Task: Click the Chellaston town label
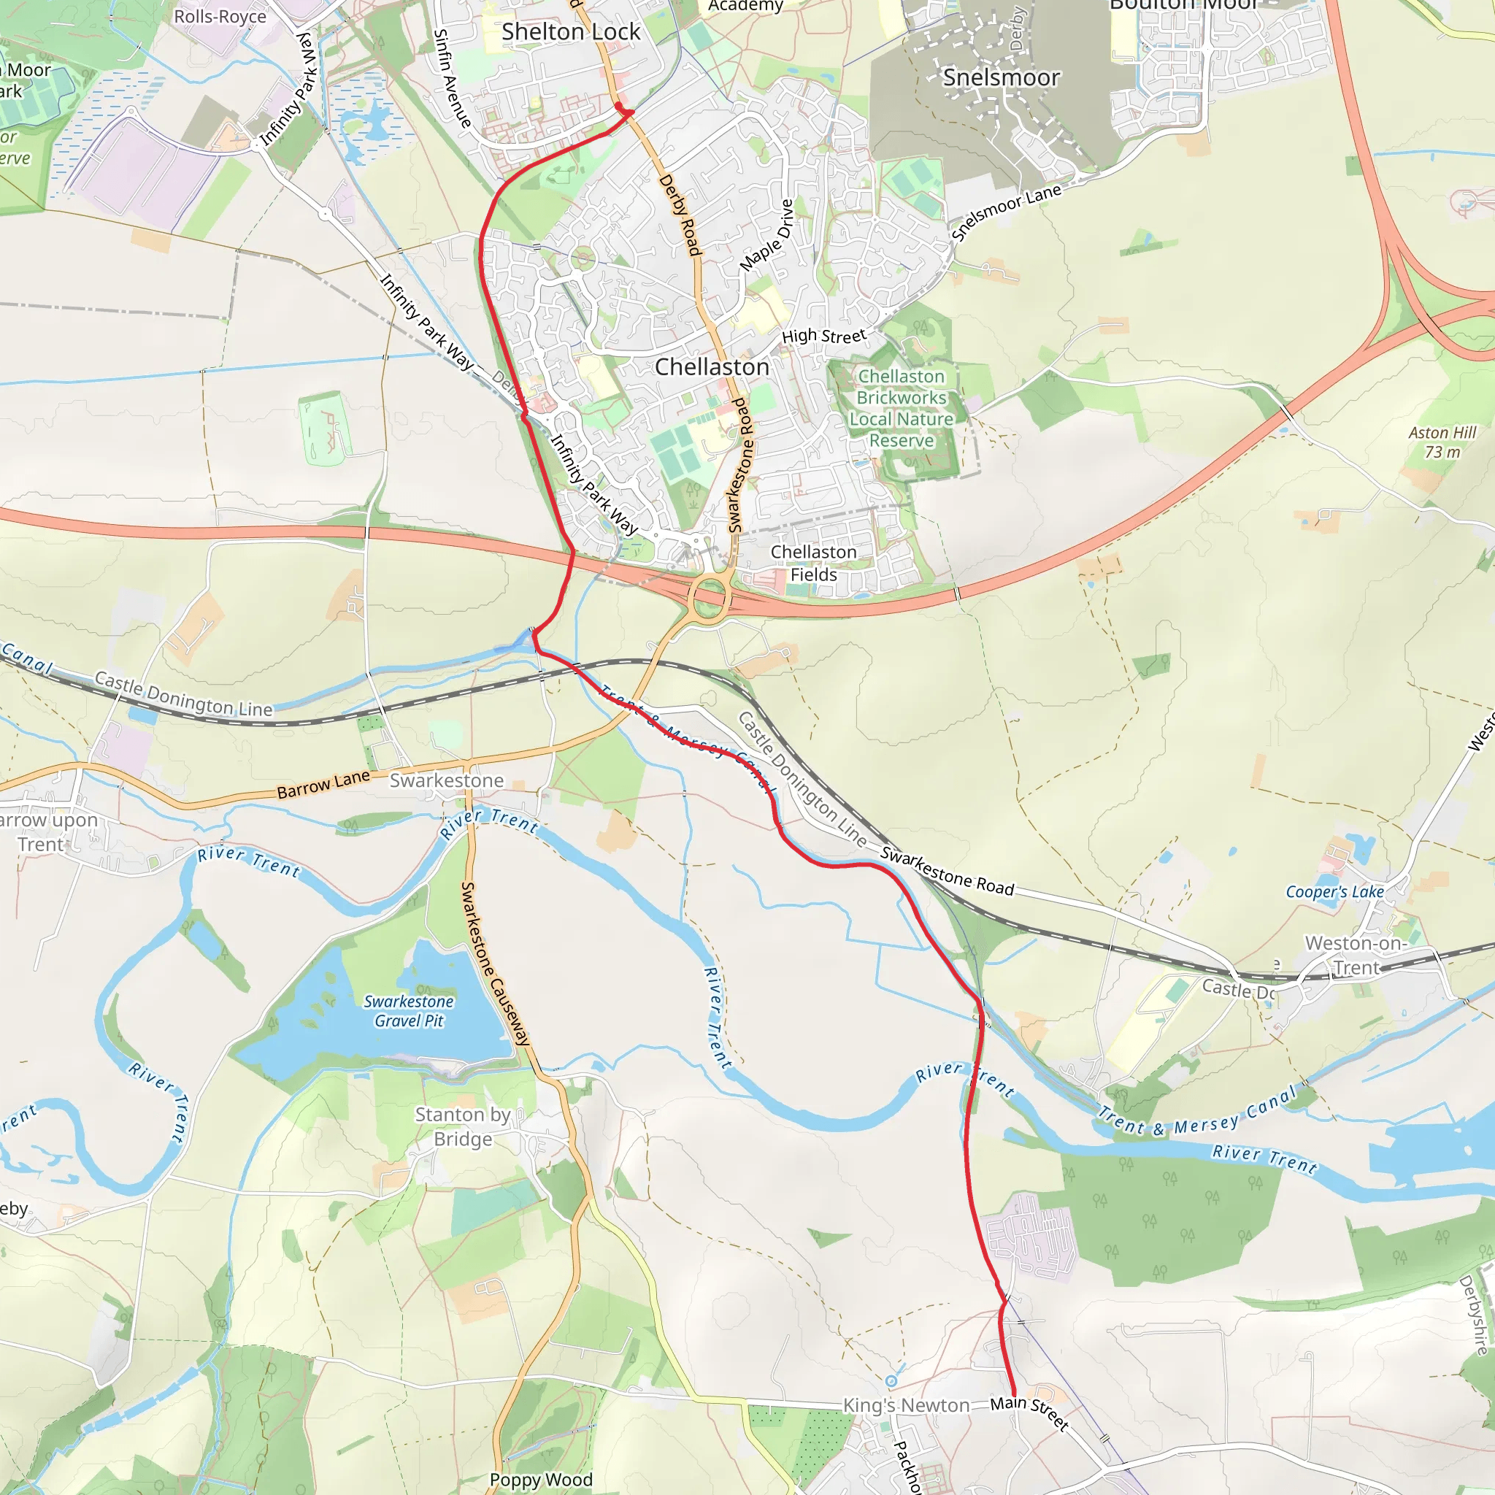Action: click(x=712, y=366)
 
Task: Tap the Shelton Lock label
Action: click(x=571, y=31)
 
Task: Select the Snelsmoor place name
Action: click(x=1002, y=77)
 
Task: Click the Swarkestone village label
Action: click(x=447, y=781)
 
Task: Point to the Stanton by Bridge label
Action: click(x=463, y=1126)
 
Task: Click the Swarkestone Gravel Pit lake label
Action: click(x=409, y=1011)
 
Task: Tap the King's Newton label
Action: click(x=905, y=1405)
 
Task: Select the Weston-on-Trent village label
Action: click(x=1356, y=955)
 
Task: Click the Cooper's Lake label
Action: click(x=1335, y=891)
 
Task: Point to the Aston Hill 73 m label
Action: click(x=1442, y=442)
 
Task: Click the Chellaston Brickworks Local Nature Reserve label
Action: click(x=902, y=408)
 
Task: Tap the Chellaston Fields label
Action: click(x=813, y=564)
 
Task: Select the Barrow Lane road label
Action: click(x=323, y=785)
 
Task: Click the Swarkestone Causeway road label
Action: click(x=495, y=964)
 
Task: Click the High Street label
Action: click(x=823, y=336)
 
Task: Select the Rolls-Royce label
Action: click(x=220, y=16)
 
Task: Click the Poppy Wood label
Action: click(x=541, y=1480)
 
